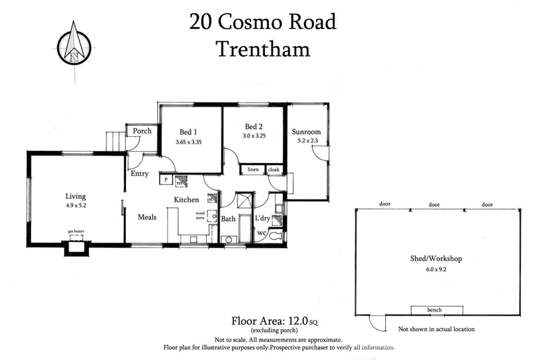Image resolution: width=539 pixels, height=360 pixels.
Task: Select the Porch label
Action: pyautogui.click(x=142, y=131)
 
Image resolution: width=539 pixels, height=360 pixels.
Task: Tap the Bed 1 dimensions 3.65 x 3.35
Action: pyautogui.click(x=189, y=142)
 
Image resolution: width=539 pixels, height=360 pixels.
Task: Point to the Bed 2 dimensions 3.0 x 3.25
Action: pyautogui.click(x=254, y=136)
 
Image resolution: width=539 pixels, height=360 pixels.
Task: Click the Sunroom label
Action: pyautogui.click(x=307, y=131)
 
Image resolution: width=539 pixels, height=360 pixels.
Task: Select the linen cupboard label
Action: pyautogui.click(x=253, y=169)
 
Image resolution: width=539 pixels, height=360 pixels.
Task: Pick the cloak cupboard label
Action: pyautogui.click(x=274, y=169)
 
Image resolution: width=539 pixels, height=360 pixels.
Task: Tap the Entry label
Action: pyautogui.click(x=139, y=173)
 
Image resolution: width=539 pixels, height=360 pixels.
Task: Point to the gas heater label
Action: pyautogui.click(x=75, y=231)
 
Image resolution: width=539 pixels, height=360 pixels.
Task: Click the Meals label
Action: pyautogui.click(x=147, y=217)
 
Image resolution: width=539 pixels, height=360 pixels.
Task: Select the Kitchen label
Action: pyautogui.click(x=186, y=200)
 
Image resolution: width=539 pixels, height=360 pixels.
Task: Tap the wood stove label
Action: pyautogui.click(x=200, y=216)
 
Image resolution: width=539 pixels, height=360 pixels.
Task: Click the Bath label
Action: pyautogui.click(x=228, y=218)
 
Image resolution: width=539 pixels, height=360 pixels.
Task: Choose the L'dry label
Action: pyautogui.click(x=262, y=218)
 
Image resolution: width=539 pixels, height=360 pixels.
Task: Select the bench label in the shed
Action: pyautogui.click(x=435, y=309)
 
